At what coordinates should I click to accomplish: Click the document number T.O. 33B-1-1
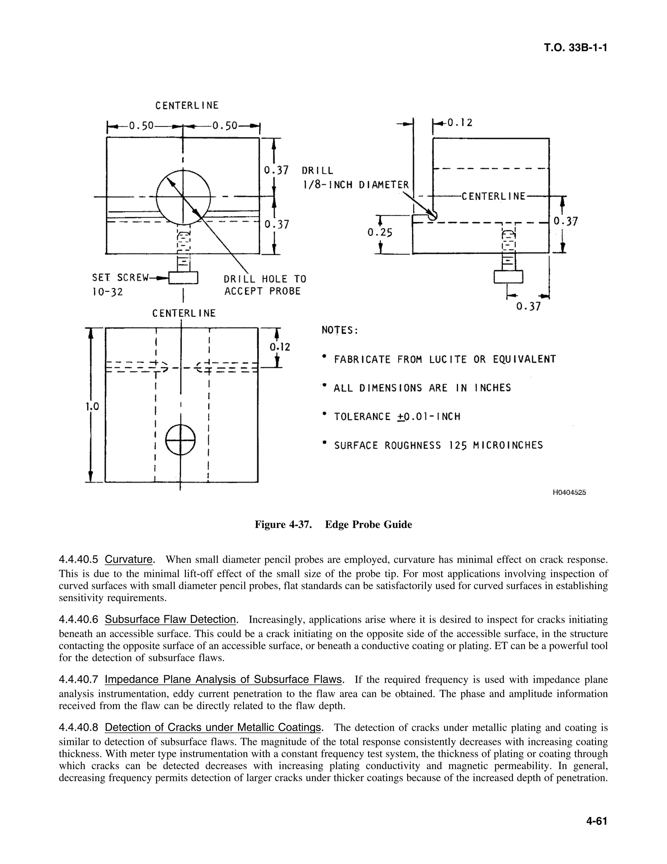point(575,48)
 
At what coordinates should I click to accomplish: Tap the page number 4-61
point(596,821)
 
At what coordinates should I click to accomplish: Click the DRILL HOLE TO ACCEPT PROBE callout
point(264,285)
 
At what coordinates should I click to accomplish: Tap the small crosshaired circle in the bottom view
point(180,440)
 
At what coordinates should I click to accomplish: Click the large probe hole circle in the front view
point(183,197)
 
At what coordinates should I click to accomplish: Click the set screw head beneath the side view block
point(508,276)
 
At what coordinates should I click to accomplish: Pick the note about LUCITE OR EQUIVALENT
point(445,359)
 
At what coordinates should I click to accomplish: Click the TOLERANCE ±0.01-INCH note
point(397,417)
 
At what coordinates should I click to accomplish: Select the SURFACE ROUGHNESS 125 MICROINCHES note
point(438,445)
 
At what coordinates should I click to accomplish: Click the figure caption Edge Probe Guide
point(368,525)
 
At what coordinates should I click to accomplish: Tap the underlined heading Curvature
point(129,559)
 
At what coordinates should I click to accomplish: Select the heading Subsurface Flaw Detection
point(170,619)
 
